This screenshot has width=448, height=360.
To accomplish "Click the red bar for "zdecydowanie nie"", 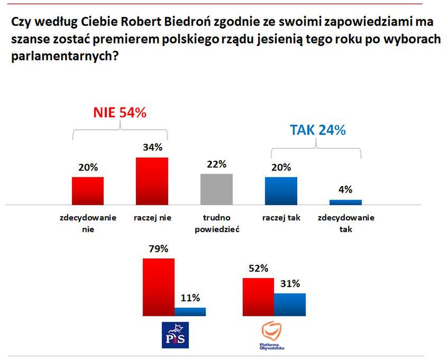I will click(88, 190).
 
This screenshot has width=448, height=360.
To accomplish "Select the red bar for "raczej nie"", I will click(152, 181).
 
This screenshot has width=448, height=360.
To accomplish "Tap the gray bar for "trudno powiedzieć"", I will click(216, 189).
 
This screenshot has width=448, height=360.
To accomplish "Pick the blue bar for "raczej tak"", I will click(281, 190).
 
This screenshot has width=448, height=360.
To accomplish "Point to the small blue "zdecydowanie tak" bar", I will click(345, 202).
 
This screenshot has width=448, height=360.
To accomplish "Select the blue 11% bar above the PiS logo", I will click(190, 312).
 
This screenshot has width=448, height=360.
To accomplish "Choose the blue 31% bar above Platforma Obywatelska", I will click(289, 304).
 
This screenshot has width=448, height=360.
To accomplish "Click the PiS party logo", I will click(175, 335).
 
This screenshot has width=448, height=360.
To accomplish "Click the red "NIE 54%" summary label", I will click(120, 113).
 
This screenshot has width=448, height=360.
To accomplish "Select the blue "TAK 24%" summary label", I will click(317, 130).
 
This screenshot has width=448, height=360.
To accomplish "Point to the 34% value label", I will click(152, 147).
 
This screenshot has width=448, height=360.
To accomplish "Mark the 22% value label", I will click(216, 164).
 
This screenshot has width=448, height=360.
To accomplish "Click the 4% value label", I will click(345, 190).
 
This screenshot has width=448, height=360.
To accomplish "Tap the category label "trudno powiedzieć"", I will click(217, 223).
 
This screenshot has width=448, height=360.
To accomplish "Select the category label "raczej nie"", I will click(152, 217).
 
